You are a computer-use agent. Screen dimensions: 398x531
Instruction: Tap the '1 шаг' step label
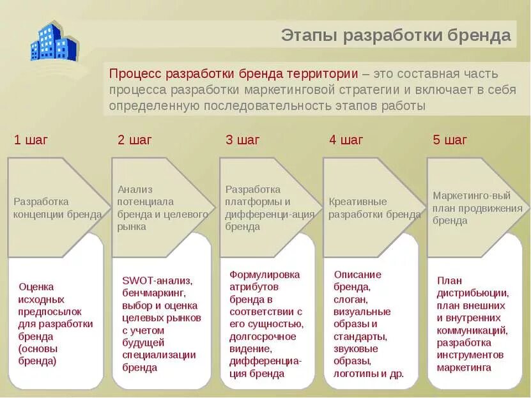[x=31, y=140]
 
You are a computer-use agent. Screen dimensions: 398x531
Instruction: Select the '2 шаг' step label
[x=135, y=140]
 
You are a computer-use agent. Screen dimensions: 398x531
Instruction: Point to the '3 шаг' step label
[x=243, y=140]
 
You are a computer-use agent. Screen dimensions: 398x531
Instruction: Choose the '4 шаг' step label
[x=346, y=140]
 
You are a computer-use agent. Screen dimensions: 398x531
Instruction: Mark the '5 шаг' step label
[x=450, y=140]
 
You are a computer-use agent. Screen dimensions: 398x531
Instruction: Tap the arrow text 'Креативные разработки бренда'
[x=374, y=208]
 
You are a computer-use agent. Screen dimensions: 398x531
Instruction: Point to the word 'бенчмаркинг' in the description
[x=153, y=293]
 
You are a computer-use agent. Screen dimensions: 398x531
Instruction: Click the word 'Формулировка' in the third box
[x=265, y=274]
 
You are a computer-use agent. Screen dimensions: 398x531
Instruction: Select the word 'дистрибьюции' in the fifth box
[x=472, y=293]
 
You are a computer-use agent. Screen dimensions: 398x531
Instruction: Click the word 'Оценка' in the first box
[x=36, y=286]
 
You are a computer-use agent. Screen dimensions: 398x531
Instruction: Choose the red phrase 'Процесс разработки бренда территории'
[x=233, y=73]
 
